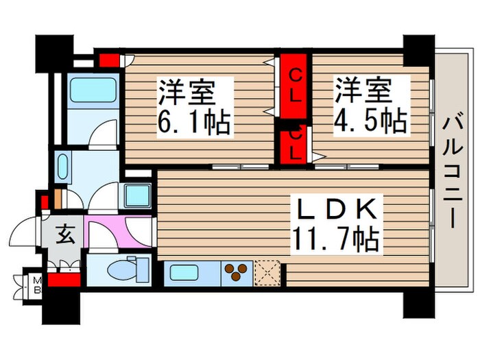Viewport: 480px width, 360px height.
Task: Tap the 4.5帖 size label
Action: (371, 123)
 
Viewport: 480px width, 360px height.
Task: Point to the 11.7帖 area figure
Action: (336, 240)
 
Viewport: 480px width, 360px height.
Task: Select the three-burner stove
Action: (235, 273)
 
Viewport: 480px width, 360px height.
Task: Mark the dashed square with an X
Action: (268, 273)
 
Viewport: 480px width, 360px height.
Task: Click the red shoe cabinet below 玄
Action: (65, 279)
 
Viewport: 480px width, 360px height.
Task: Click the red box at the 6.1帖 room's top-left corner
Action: (108, 60)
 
